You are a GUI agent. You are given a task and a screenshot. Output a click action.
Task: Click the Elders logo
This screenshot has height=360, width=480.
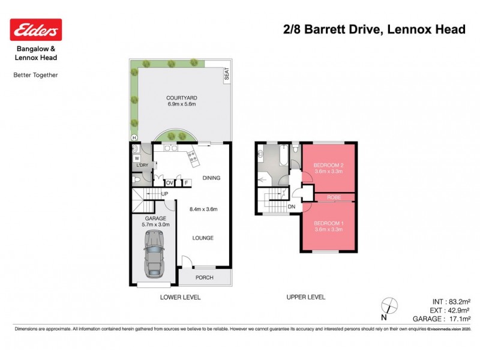click(x=36, y=29)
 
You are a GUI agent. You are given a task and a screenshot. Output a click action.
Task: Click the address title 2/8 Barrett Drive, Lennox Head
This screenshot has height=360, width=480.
click(x=374, y=29)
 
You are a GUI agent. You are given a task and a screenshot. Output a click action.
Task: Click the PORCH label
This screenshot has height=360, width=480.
click(x=205, y=277)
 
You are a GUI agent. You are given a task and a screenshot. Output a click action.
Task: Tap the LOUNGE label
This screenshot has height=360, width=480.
click(x=203, y=238)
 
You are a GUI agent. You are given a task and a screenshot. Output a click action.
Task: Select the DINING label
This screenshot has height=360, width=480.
click(x=211, y=178)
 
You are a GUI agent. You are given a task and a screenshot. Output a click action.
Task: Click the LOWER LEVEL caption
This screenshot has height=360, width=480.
click(x=180, y=297)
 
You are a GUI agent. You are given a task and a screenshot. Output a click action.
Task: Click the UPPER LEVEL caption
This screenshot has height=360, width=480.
click(x=305, y=297)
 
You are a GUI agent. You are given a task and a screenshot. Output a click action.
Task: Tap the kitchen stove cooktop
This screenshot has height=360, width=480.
click(x=193, y=158)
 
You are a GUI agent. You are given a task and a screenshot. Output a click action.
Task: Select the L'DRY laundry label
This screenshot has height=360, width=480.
click(x=142, y=166)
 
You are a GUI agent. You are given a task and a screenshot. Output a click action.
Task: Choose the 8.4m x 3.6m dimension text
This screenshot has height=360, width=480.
click(x=203, y=209)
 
